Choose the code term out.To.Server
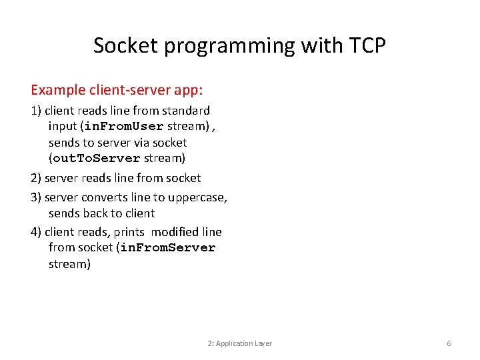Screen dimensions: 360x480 click(x=97, y=159)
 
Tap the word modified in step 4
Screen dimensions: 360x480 click(x=175, y=232)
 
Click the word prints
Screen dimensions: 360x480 click(x=129, y=232)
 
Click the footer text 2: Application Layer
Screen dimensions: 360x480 click(x=240, y=343)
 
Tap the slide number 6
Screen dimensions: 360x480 click(x=449, y=343)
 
